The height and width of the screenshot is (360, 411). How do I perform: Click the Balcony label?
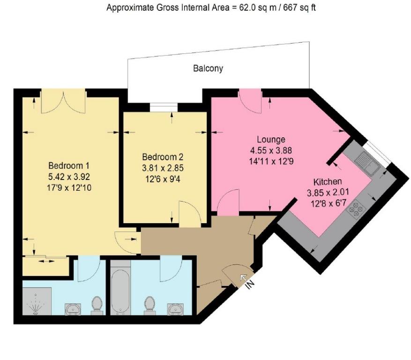pyautogui.click(x=208, y=69)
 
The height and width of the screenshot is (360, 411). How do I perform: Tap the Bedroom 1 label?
pyautogui.click(x=69, y=166)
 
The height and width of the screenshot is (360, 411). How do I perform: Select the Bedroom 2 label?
pyautogui.click(x=163, y=157)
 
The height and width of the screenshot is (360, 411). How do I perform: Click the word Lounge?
pyautogui.click(x=271, y=140)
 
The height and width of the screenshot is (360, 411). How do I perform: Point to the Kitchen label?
pyautogui.click(x=328, y=182)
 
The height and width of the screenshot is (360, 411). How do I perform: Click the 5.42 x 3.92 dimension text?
pyautogui.click(x=69, y=177)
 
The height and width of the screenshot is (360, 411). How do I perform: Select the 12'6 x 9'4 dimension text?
pyautogui.click(x=163, y=180)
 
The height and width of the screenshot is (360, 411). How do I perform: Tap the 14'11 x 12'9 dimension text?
pyautogui.click(x=271, y=161)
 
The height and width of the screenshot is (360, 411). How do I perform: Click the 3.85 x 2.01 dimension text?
pyautogui.click(x=328, y=193)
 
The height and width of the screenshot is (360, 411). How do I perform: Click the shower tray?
pyautogui.click(x=37, y=301)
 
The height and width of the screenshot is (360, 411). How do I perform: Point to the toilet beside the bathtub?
pyautogui.click(x=149, y=305)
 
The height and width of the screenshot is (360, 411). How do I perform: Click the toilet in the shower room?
pyautogui.click(x=97, y=306)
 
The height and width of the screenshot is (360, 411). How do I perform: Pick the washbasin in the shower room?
pyautogui.click(x=73, y=309)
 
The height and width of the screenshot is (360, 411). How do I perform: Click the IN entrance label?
pyautogui.click(x=250, y=284)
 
